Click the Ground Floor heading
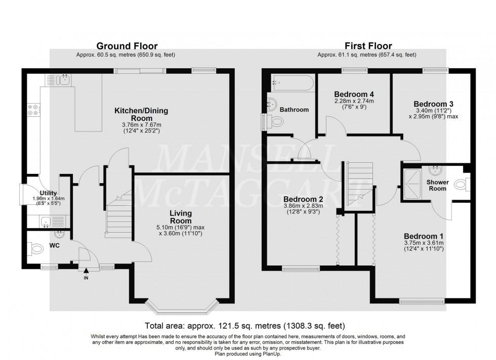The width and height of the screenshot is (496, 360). pyautogui.click(x=127, y=47)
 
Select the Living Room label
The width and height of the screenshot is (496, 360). pyautogui.click(x=180, y=217)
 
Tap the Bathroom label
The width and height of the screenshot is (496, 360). pyautogui.click(x=295, y=110)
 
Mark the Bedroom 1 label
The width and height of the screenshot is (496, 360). pyautogui.click(x=423, y=236)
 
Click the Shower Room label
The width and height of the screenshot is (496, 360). pyautogui.click(x=436, y=185)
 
